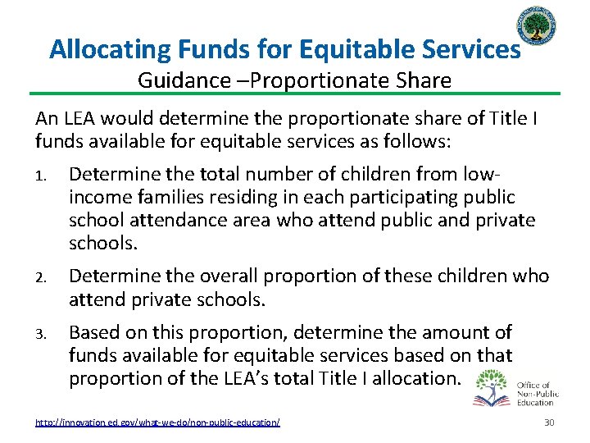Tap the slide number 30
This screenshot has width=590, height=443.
pos(549,422)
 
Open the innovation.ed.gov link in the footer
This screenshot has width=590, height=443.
pos(157,422)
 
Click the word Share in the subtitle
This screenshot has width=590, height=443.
pos(424,80)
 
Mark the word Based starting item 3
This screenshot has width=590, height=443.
pos(95,332)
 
